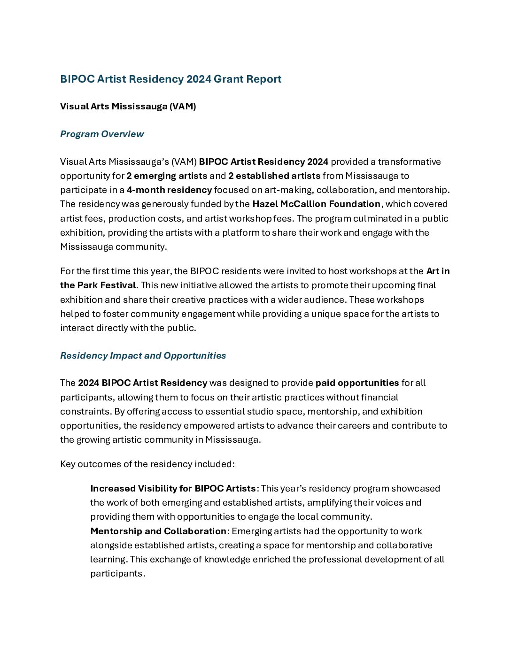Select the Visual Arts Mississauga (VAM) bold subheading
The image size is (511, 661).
coord(128,106)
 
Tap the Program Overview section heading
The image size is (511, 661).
coord(102,134)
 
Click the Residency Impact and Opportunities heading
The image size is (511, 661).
coord(143,355)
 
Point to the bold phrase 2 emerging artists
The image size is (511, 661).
coord(167,176)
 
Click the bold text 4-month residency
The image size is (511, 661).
coord(169,190)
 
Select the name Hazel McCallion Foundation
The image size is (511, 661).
coord(316,204)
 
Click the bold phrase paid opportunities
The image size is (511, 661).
coord(357,383)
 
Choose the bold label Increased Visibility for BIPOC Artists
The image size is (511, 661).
coord(173,488)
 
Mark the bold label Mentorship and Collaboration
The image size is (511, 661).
coord(158,531)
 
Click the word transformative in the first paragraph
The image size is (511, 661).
coord(409,161)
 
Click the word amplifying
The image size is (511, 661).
coord(328,502)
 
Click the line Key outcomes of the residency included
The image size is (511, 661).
coord(147,464)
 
